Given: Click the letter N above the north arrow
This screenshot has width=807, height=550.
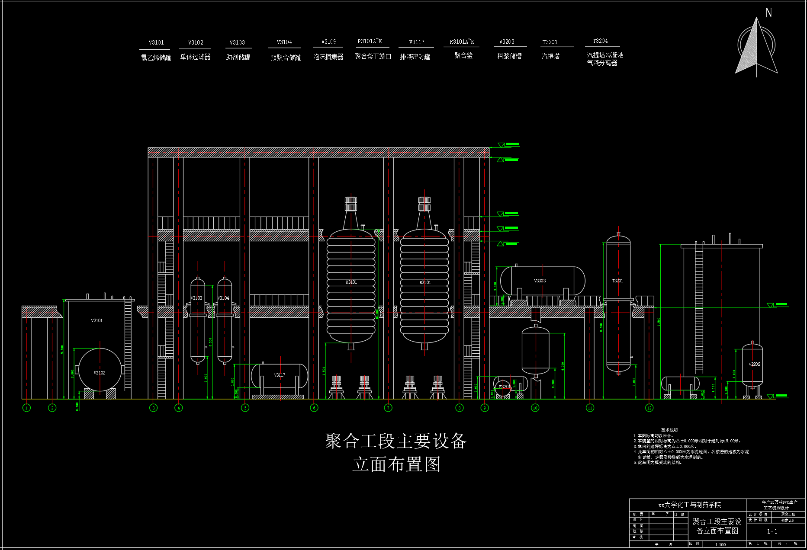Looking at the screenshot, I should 768,13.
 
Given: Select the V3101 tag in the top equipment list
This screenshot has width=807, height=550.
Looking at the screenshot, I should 156,42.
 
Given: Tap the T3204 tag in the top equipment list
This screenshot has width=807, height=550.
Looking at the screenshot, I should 600,41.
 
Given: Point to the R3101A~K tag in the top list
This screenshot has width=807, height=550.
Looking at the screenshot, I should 462,42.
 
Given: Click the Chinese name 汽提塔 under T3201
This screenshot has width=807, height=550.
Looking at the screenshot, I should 550,56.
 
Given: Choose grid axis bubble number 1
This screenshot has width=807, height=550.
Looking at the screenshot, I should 26,408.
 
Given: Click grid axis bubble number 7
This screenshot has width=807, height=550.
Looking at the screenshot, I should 388,408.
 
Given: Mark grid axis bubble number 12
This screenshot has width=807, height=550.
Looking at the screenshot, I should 649,408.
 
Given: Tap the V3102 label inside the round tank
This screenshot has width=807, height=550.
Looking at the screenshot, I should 100,373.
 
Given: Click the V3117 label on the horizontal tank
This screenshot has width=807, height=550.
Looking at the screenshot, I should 280,375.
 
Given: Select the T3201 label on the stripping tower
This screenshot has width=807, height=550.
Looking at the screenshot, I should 617,281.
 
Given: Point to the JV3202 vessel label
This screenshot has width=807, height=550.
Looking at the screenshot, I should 753,364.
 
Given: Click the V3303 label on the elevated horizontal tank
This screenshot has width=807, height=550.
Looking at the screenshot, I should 540,281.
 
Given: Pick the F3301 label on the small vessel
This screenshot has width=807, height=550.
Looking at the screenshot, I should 505,387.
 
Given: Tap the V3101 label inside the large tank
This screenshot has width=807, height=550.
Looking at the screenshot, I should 97,320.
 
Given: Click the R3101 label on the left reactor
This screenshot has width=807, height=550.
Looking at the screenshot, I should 351,282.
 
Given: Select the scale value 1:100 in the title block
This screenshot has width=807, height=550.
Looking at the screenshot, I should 720,544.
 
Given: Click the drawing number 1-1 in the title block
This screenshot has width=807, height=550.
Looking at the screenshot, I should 772,531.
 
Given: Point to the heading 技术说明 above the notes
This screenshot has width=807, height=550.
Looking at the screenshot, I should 669,430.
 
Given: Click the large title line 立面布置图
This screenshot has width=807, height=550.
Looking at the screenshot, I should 396,465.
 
